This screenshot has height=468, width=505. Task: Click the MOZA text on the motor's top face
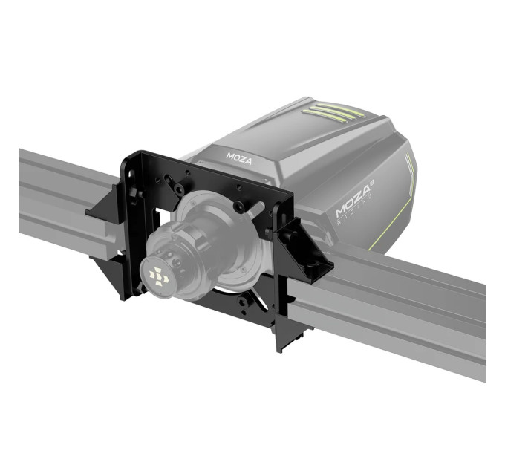point(239,158)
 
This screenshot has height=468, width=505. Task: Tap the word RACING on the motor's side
point(355,209)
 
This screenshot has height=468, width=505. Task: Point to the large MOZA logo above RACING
point(353,201)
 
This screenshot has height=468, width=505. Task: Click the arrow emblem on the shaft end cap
point(158,276)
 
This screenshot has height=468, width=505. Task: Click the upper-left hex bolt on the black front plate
point(178,188)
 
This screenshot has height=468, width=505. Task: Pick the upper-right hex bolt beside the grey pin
point(238,207)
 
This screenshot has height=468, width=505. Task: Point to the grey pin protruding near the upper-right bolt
point(255,208)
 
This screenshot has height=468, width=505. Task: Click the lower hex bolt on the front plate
point(242,302)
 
